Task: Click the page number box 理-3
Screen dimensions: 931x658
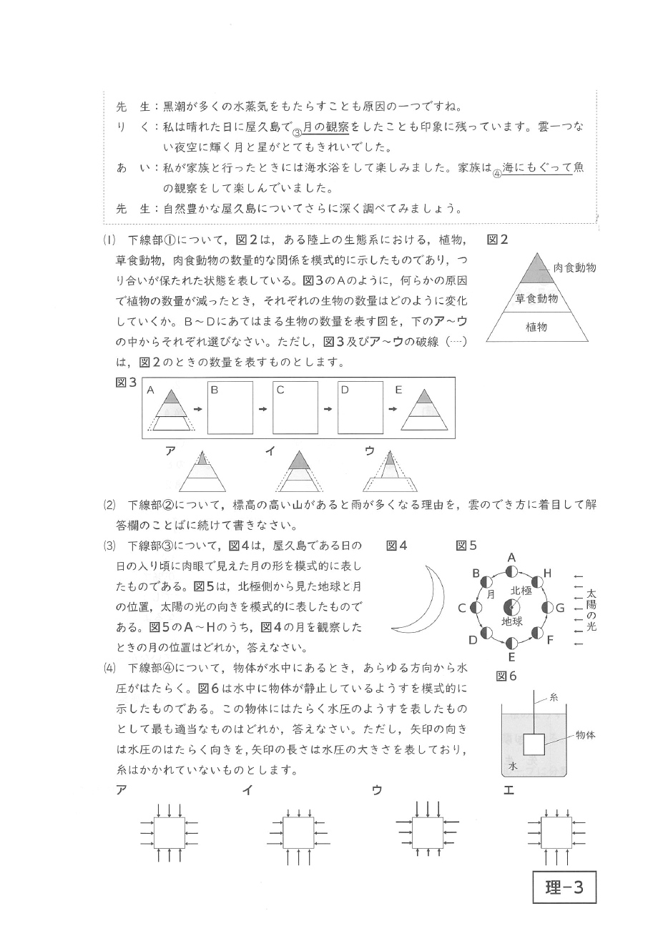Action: pos(564,888)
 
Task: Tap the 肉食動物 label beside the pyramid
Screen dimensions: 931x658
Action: pos(575,267)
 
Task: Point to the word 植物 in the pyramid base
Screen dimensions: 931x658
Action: pos(536,327)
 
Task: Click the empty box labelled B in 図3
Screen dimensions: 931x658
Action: pos(230,408)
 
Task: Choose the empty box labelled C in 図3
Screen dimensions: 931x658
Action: pos(295,408)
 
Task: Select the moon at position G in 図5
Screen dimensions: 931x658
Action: pos(549,608)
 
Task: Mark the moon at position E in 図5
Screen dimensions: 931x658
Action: pos(511,644)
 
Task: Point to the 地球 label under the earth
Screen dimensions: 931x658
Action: pos(512,621)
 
